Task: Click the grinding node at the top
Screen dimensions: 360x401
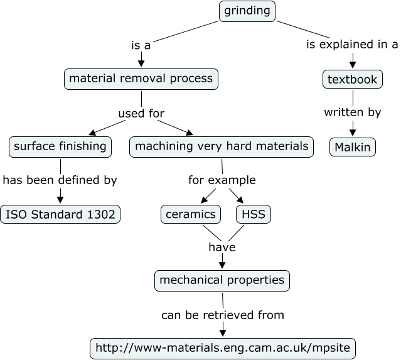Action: [247, 11]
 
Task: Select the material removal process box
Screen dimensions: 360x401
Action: [141, 80]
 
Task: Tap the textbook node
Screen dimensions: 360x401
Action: [353, 80]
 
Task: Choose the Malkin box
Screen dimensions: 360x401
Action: [353, 147]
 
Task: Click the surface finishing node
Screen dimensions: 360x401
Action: [60, 147]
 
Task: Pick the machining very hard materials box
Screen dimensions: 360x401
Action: [222, 147]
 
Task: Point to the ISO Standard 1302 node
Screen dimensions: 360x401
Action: [60, 214]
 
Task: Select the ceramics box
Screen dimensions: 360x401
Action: [191, 214]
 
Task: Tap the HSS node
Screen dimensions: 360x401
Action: [254, 214]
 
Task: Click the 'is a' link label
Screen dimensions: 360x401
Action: [141, 45]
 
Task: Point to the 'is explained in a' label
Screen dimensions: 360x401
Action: [352, 45]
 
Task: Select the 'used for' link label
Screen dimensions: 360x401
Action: [141, 114]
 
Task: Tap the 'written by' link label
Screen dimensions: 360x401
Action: [352, 113]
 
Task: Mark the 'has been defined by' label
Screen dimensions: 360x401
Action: [60, 180]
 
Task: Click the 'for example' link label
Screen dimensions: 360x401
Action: [222, 180]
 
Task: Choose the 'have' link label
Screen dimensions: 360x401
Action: [222, 248]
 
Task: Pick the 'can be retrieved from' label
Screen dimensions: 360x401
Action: [223, 315]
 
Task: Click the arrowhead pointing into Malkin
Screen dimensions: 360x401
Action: [353, 132]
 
